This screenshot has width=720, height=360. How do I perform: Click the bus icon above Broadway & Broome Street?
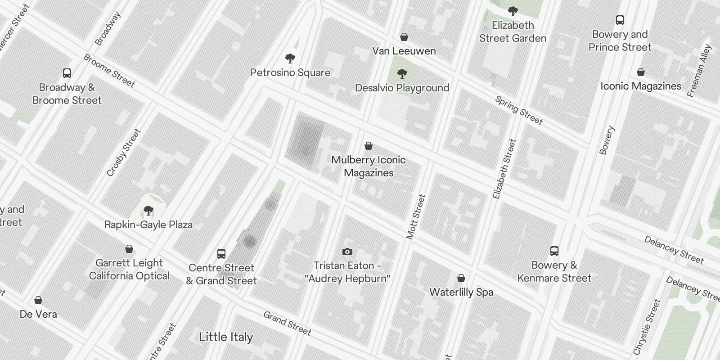(67, 73)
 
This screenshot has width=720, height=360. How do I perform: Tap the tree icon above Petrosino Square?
(290, 58)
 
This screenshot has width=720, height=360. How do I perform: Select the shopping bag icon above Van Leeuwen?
(404, 37)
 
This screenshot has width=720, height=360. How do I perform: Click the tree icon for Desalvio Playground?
(402, 74)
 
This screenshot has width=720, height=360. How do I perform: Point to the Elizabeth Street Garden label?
(513, 32)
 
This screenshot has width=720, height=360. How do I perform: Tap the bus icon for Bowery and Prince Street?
(620, 20)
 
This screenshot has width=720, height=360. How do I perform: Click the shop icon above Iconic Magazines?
(641, 72)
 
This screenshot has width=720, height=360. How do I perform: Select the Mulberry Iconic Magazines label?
(369, 166)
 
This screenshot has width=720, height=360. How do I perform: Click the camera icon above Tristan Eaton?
(347, 252)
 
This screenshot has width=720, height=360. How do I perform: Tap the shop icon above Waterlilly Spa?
(461, 278)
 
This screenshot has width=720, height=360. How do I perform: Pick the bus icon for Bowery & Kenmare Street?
(554, 251)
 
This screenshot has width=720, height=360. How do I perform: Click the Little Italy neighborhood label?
(226, 337)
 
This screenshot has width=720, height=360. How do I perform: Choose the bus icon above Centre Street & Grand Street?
(221, 254)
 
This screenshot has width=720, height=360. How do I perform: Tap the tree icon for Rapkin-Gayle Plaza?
(148, 211)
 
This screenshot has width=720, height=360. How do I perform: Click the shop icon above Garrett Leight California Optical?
(129, 249)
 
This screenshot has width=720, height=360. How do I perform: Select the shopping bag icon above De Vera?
(38, 300)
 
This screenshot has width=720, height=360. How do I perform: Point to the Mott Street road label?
(416, 216)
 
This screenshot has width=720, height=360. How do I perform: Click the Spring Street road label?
(519, 110)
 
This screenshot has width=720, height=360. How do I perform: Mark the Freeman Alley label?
(699, 71)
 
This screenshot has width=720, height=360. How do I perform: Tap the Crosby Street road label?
(124, 153)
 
